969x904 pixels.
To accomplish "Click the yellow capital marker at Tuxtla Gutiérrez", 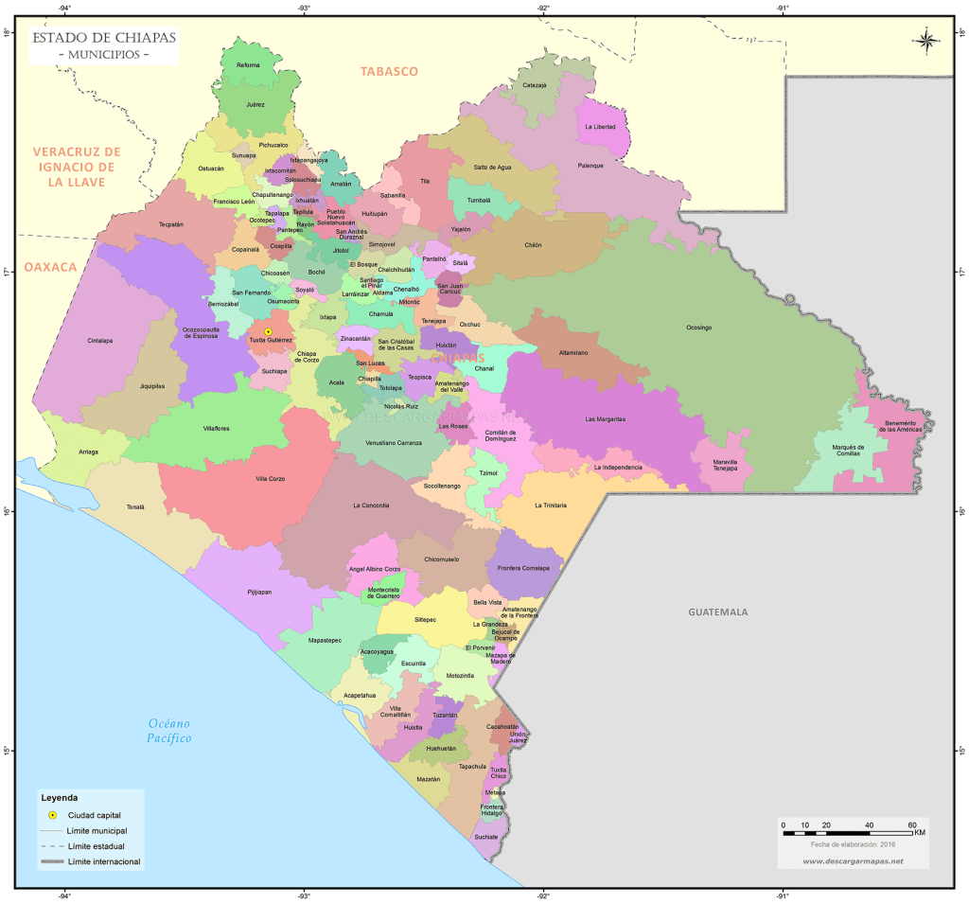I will point(268,331).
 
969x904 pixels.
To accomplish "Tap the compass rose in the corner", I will point(926,40).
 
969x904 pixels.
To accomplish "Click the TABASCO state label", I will point(388,71).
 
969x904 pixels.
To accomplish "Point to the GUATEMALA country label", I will point(717,612).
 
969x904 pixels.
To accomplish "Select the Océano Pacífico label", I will point(169,730).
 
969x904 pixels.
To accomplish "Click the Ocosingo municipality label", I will point(698,328).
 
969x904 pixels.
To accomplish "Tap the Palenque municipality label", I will point(590,166).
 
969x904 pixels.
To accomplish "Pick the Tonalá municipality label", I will point(136,507).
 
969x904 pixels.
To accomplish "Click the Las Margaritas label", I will point(606,418).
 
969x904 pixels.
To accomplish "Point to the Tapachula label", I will point(472,766).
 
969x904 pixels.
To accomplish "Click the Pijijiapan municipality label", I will point(258,592).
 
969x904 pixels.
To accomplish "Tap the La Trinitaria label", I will point(551,505).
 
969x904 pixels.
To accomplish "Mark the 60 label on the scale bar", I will point(912,825).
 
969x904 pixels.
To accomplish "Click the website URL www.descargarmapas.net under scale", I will point(853,860).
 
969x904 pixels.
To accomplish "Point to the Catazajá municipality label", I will point(535,85).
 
